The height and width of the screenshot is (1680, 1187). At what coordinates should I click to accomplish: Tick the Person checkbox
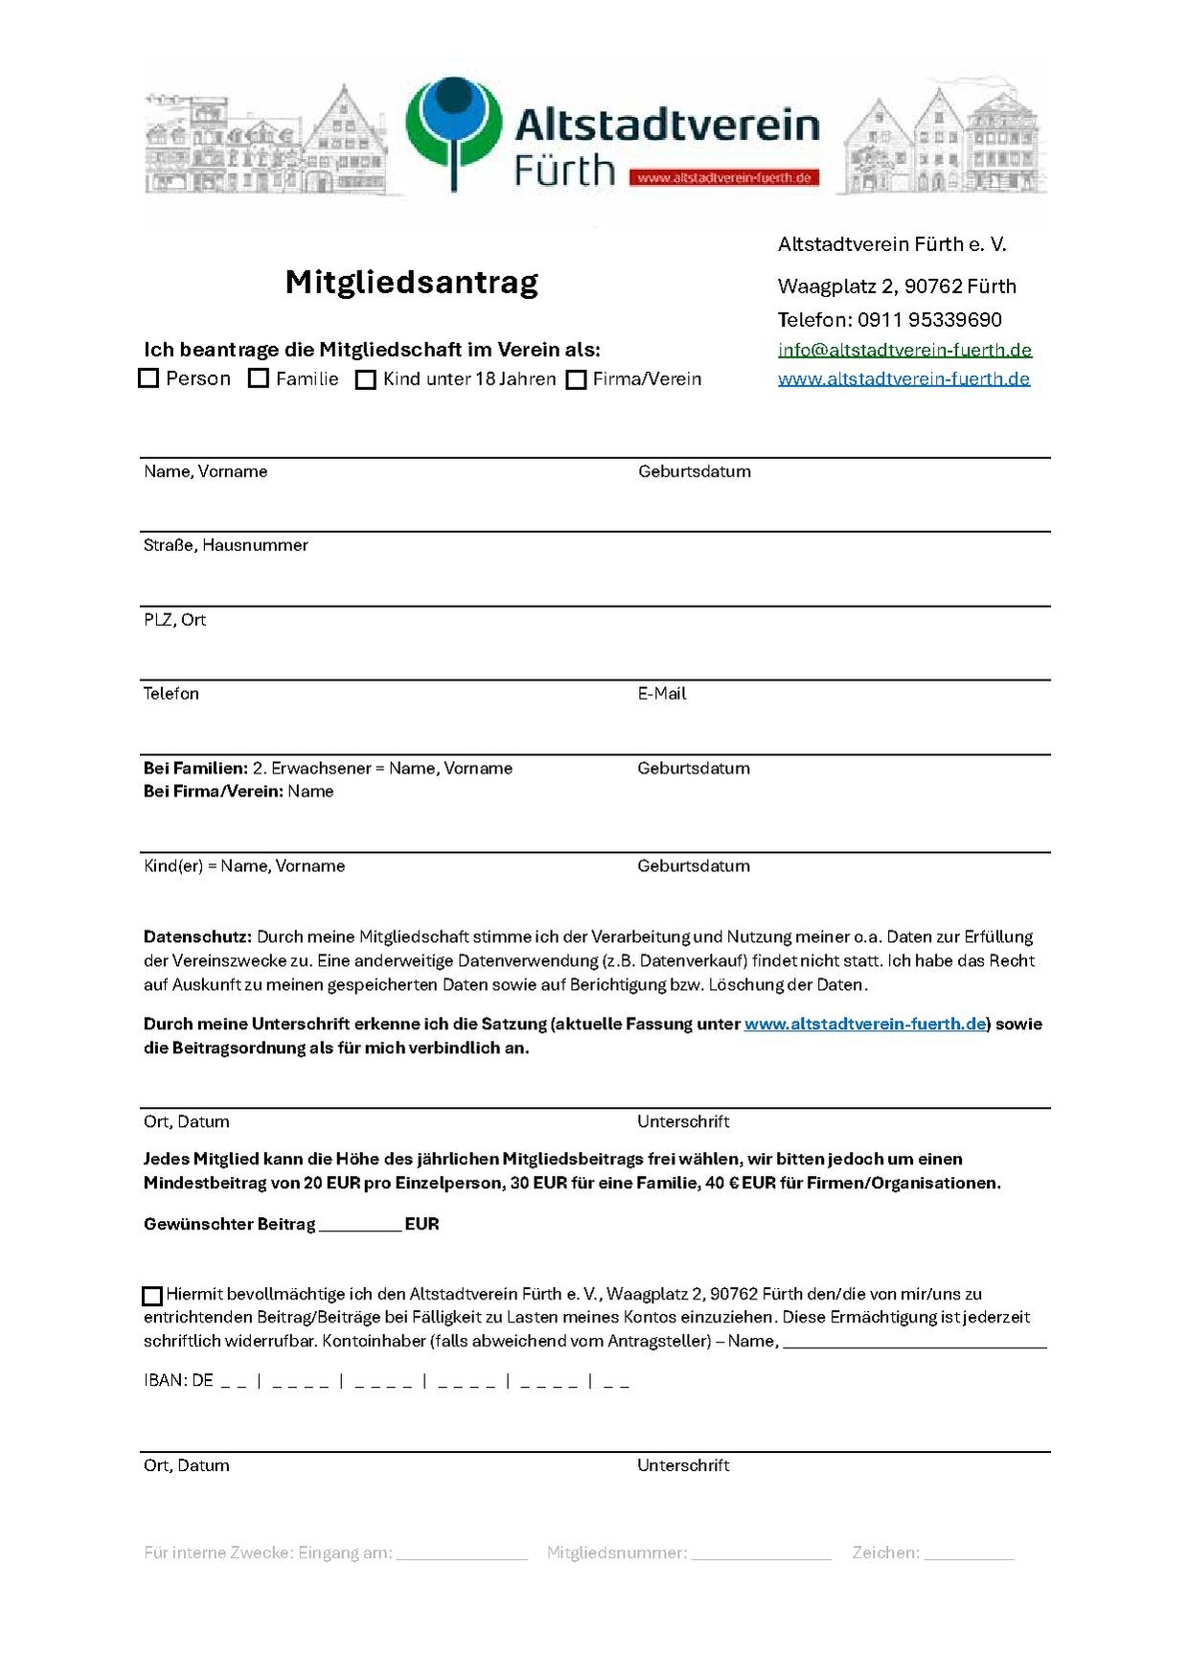[148, 379]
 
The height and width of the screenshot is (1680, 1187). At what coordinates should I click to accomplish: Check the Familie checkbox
[259, 379]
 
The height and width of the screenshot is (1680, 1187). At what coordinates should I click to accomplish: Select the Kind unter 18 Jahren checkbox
[365, 380]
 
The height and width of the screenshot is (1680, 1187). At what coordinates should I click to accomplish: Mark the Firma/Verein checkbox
[576, 380]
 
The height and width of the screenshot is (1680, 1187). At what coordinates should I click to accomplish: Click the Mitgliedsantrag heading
[412, 282]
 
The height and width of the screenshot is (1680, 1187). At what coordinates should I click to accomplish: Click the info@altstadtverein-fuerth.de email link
[904, 350]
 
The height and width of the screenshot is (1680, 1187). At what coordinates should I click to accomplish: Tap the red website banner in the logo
[724, 177]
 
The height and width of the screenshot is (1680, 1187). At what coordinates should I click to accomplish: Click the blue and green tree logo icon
[453, 129]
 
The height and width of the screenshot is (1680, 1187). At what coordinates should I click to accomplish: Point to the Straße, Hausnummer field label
[226, 545]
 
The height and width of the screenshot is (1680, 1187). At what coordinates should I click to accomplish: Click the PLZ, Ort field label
[174, 620]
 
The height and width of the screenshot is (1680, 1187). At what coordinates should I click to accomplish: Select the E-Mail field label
[662, 694]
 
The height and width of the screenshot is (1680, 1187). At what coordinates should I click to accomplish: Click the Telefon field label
[171, 694]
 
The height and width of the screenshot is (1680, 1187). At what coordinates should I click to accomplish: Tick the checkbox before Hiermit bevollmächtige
[152, 1296]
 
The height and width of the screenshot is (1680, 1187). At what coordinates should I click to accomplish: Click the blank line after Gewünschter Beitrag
[359, 1226]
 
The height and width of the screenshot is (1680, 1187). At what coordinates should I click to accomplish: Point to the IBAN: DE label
[178, 1381]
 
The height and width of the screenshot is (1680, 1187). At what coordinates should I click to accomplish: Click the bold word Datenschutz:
[197, 937]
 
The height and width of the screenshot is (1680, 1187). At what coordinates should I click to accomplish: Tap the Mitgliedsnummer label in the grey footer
[617, 1553]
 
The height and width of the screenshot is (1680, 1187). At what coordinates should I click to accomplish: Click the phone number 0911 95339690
[929, 320]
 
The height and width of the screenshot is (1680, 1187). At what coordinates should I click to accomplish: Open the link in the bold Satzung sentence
[865, 1024]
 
